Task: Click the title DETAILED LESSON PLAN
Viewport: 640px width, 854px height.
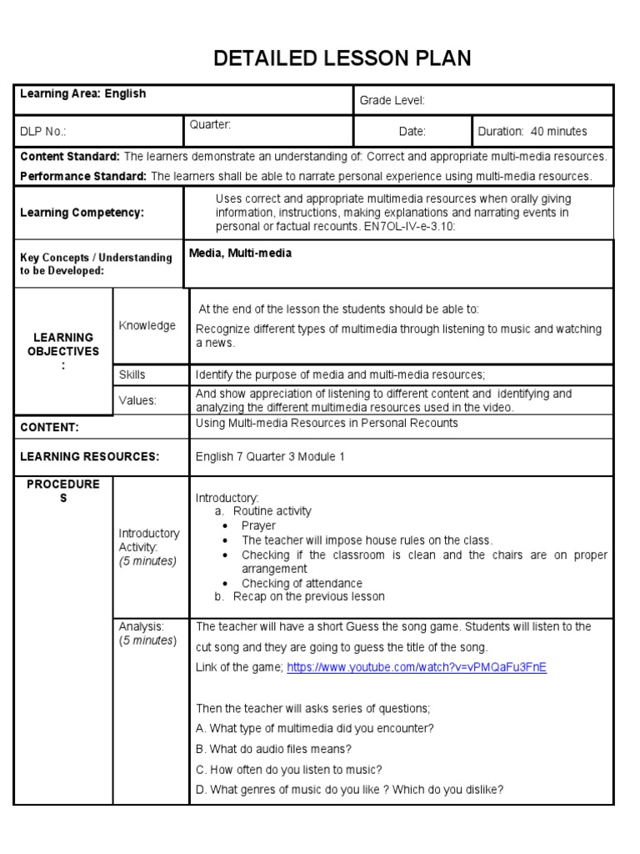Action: [342, 58]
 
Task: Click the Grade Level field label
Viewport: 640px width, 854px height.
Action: [392, 101]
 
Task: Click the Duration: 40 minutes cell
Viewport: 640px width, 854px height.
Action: [532, 132]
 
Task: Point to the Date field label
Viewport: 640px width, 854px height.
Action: [412, 132]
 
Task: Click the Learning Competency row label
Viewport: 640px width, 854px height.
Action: [82, 213]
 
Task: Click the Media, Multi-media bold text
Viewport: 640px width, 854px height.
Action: [241, 254]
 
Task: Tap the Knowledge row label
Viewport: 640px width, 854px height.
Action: [147, 325]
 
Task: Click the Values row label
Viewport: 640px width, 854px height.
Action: [137, 400]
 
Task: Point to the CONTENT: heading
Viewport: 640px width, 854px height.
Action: [49, 427]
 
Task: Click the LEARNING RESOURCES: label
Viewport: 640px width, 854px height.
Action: [89, 457]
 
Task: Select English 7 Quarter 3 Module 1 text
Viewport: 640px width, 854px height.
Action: [270, 457]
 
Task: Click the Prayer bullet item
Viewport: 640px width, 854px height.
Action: [258, 525]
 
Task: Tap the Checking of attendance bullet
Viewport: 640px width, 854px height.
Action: [302, 583]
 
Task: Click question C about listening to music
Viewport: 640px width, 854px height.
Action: [288, 770]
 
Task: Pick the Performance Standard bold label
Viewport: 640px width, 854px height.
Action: [83, 176]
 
